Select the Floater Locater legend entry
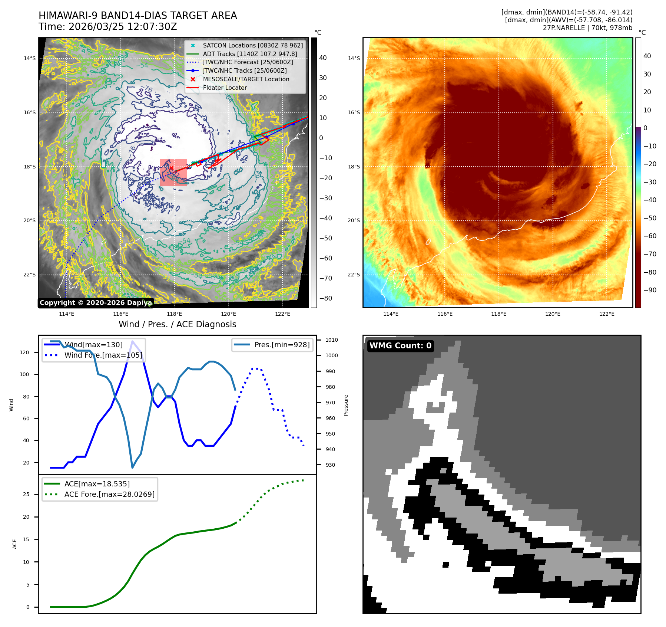[x=225, y=88]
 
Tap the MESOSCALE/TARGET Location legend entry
[x=246, y=79]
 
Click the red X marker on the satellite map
[x=171, y=168]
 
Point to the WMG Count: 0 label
[x=400, y=346]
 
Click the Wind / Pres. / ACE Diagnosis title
[x=177, y=324]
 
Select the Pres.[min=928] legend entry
[x=282, y=345]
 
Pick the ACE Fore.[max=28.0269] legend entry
[x=109, y=494]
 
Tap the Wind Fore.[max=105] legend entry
[x=103, y=355]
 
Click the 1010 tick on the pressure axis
[x=331, y=340]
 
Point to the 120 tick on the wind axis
[x=24, y=352]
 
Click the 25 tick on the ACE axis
[x=26, y=494]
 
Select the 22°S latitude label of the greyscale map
[x=30, y=275]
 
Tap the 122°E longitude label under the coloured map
[x=607, y=314]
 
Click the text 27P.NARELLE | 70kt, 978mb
[x=587, y=28]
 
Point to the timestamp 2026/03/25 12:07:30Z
[x=123, y=27]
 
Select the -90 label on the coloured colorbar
[x=650, y=290]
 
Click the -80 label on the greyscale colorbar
[x=326, y=298]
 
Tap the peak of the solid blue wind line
[x=133, y=341]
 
